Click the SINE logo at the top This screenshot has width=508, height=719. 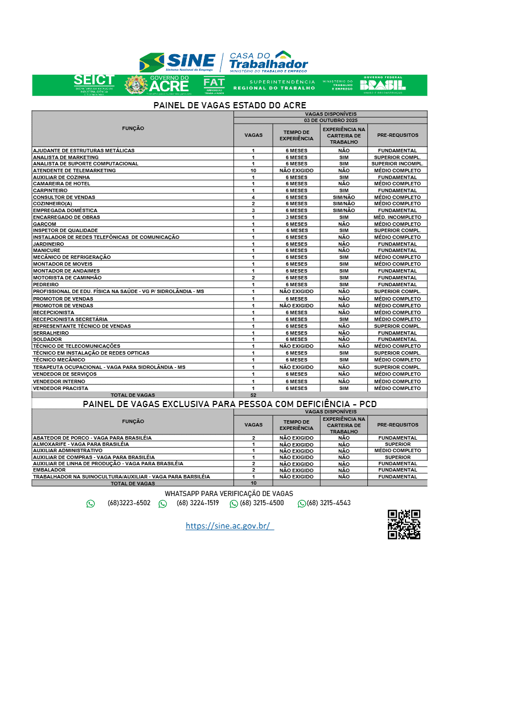[x=177, y=62]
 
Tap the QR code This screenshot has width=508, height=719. [x=404, y=525]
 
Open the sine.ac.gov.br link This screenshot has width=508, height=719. [x=229, y=526]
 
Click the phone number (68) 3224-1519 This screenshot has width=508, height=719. [x=198, y=503]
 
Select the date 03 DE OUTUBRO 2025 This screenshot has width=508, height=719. [x=330, y=120]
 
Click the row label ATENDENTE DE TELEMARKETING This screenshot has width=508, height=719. [x=75, y=170]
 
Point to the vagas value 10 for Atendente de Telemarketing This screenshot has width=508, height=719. [x=253, y=170]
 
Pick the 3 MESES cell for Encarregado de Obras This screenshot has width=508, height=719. [x=296, y=217]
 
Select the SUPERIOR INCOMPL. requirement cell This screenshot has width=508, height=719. [x=397, y=164]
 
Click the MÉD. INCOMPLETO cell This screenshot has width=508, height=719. [x=397, y=217]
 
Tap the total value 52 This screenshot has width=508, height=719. [x=253, y=395]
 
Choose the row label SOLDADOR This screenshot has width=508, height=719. [x=47, y=339]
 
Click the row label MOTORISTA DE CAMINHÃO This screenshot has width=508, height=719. [x=67, y=278]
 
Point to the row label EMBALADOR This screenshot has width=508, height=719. [x=50, y=470]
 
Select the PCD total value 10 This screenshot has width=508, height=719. [x=253, y=483]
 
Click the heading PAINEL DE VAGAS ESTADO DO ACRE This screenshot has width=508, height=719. [x=230, y=105]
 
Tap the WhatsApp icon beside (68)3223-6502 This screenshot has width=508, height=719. [x=91, y=503]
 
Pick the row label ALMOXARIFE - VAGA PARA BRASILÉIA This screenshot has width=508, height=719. [x=81, y=444]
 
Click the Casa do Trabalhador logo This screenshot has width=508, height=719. [x=268, y=62]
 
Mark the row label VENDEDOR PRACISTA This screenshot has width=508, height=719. [x=60, y=388]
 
